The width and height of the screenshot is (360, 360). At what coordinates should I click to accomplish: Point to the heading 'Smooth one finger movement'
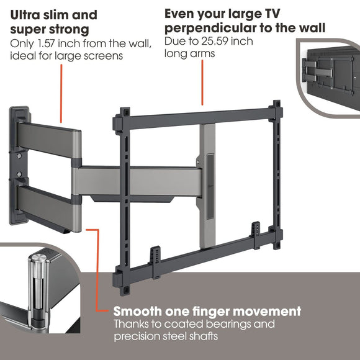coord(207,311)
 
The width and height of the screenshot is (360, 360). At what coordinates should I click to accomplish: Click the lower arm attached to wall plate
coord(47,199)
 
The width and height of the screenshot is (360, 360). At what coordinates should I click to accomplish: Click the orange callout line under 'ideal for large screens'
coord(61,93)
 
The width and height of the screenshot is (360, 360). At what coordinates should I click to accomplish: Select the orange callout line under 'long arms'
coord(203,81)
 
